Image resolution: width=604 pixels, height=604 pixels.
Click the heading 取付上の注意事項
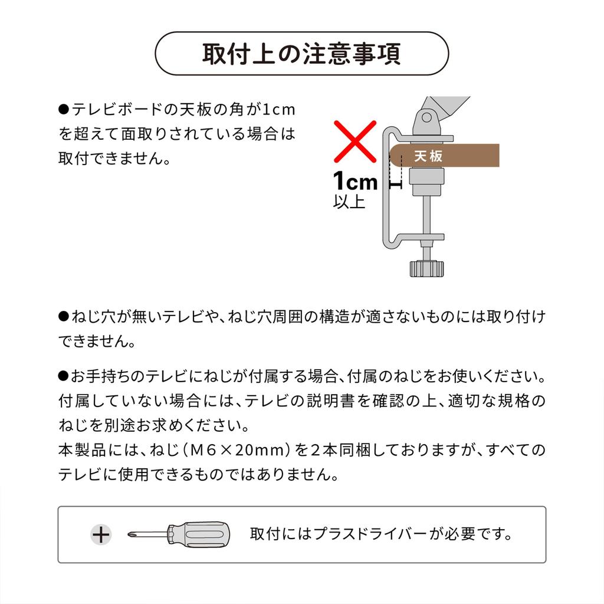(x=301, y=54)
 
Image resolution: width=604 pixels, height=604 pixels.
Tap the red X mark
(x=354, y=141)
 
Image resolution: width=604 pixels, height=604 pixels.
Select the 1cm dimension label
(x=355, y=181)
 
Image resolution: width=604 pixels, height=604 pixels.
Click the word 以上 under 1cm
(x=349, y=202)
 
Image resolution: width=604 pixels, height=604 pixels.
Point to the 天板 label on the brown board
(x=428, y=156)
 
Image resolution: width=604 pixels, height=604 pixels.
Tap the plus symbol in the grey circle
(x=102, y=534)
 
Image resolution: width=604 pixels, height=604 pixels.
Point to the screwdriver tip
(x=132, y=534)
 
